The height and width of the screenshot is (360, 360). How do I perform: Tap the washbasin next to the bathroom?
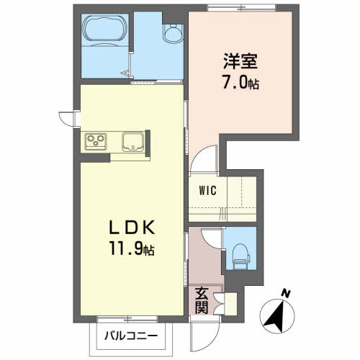pos(173,34)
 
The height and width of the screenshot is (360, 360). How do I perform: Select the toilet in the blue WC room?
pos(240,256)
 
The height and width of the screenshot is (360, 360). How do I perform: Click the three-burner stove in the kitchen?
pos(96,141)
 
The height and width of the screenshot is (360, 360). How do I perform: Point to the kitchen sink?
pos(132,142)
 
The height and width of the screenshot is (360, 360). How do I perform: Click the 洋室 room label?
pos(240,61)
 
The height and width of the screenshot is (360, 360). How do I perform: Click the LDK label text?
pos(132,228)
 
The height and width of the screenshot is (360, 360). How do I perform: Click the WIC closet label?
pos(208,191)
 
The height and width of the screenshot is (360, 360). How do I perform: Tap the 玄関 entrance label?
pos(201,301)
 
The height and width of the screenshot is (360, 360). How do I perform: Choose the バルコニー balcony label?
pos(131,336)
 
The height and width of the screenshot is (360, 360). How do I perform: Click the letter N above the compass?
pos(286,293)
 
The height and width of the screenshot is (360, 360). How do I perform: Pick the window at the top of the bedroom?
pos(242,8)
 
